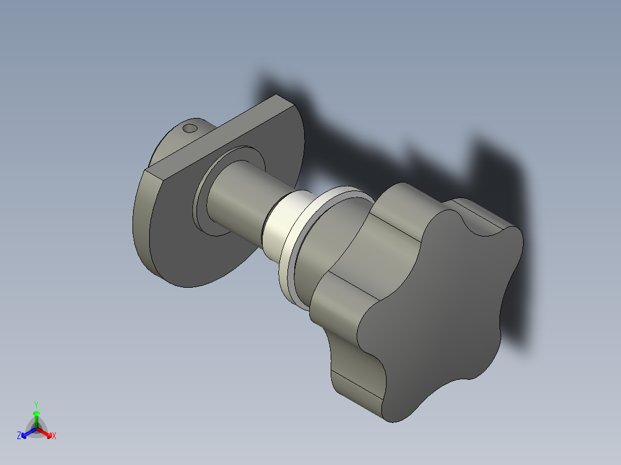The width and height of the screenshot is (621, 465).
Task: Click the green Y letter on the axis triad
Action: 36,405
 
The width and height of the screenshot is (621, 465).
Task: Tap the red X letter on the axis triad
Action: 54,436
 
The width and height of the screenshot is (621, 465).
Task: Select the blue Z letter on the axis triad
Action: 19,436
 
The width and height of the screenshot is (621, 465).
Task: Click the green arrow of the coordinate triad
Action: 36,416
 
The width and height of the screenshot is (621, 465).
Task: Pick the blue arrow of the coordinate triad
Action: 27,432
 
